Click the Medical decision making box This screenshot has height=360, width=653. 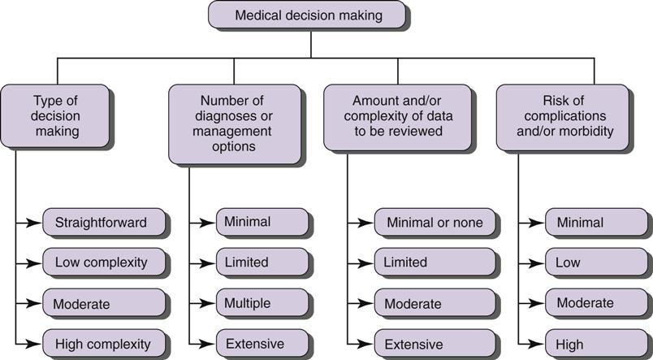[x=308, y=15]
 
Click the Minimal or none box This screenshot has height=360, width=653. [x=435, y=222]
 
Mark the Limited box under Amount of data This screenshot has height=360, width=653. [x=435, y=262]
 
